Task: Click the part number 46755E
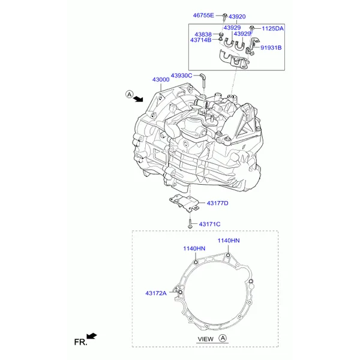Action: [x=203, y=16]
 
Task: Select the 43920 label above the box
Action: [x=237, y=17]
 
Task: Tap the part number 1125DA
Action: [x=273, y=28]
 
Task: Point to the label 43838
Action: [x=203, y=34]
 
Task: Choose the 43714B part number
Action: [x=200, y=40]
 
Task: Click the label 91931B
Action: [x=271, y=48]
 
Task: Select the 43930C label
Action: [x=181, y=76]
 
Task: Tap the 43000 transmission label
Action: [x=161, y=80]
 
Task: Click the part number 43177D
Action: [x=217, y=203]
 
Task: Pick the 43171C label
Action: [x=209, y=224]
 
